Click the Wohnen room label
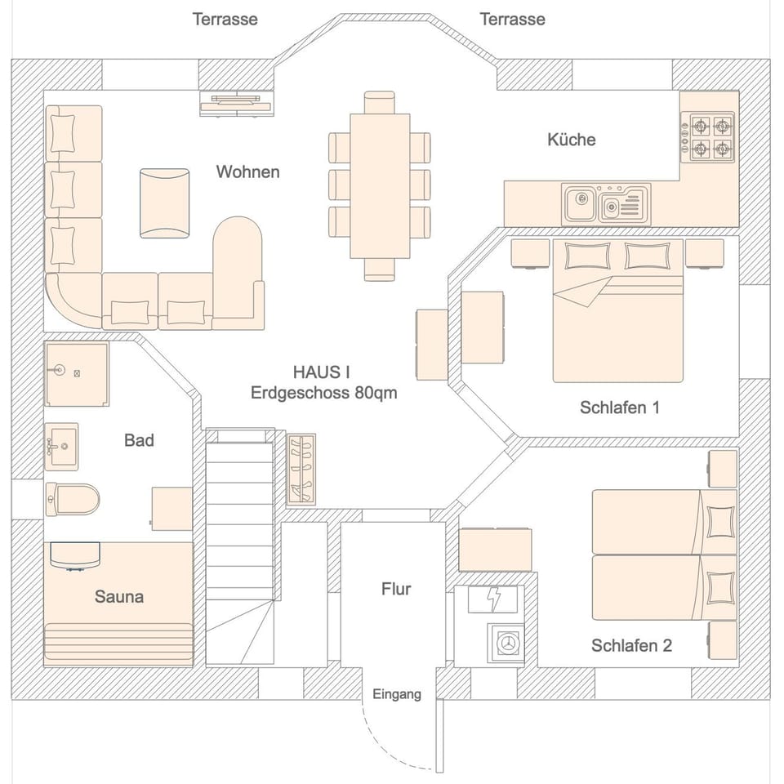coord(247,171)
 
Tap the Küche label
coord(571,140)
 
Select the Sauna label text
coord(119,597)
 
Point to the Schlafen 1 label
coord(619,408)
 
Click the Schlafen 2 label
coord(631,646)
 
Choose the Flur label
coord(396,589)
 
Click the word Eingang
coord(397,695)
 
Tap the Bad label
coord(139,441)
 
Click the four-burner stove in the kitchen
coord(710,137)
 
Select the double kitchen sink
coord(605,203)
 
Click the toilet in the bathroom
coord(72,497)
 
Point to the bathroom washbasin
coord(61,446)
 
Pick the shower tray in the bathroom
coord(76,374)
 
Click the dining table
coord(380,185)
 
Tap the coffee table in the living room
coord(164,203)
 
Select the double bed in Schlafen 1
coord(617,310)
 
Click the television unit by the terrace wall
coord(238,102)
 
